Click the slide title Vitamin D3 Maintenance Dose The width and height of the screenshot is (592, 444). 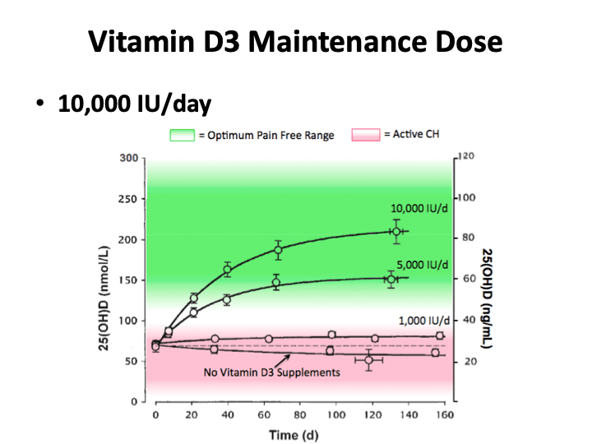point(295,41)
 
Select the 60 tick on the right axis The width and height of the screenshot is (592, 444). point(466,279)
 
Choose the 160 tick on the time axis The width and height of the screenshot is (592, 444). point(444,417)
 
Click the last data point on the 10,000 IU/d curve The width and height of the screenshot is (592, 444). point(396,232)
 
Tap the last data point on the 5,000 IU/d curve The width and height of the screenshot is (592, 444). point(391,279)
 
